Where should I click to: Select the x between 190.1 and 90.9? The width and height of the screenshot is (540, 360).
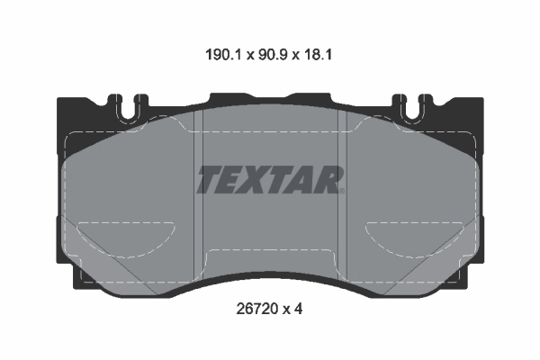(244, 56)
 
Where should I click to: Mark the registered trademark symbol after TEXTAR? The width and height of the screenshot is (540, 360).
(342, 190)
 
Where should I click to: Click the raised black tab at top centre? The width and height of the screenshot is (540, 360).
(270, 96)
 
